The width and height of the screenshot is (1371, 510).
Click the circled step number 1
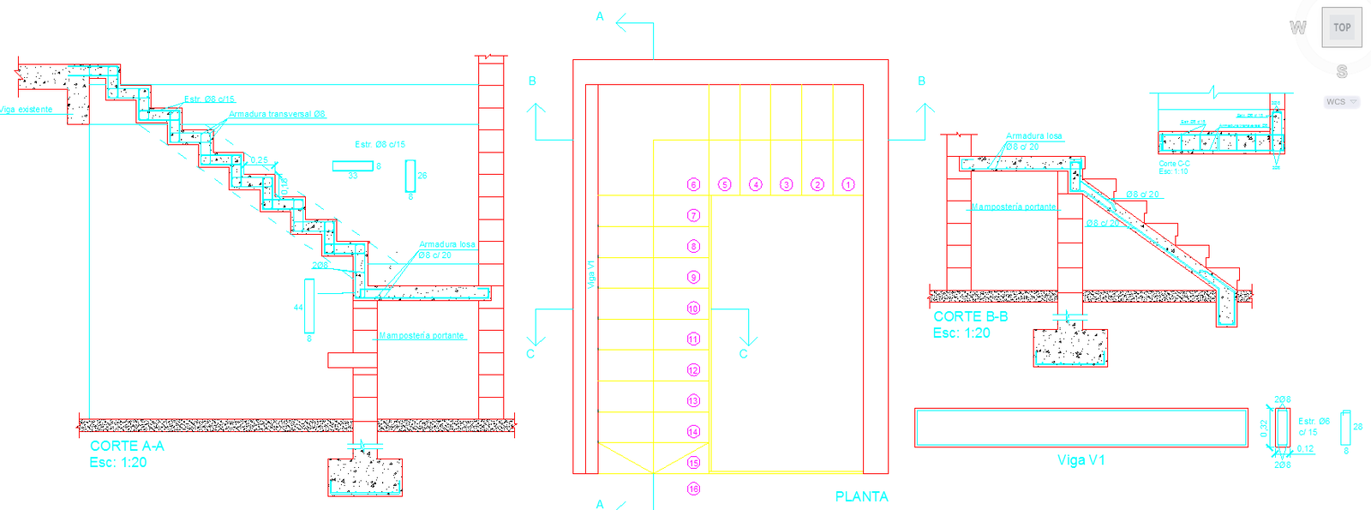(848, 184)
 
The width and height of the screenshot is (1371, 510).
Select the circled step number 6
(694, 184)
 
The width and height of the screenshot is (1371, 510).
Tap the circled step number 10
(694, 308)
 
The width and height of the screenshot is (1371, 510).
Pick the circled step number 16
(694, 489)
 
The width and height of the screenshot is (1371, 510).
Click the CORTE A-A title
(127, 446)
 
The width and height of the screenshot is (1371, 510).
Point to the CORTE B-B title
(971, 316)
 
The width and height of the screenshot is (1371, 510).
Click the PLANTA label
(861, 496)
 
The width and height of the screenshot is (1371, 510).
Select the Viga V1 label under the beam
(1081, 460)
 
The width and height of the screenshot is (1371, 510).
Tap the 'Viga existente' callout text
(26, 110)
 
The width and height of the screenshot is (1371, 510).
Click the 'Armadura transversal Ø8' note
(277, 114)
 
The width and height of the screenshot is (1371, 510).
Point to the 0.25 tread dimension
(259, 160)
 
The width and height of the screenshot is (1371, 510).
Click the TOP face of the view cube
(1342, 27)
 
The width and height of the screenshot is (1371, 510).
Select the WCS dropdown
(1342, 102)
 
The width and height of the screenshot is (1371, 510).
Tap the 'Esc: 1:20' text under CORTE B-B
(961, 333)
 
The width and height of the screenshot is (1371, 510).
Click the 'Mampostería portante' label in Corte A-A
(422, 335)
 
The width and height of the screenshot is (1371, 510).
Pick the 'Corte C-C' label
(1174, 163)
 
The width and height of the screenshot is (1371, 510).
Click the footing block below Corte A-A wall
(365, 477)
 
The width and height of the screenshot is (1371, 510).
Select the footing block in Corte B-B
(1070, 347)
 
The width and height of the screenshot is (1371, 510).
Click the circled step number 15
(694, 463)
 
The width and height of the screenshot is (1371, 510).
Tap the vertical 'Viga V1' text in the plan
(590, 274)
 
